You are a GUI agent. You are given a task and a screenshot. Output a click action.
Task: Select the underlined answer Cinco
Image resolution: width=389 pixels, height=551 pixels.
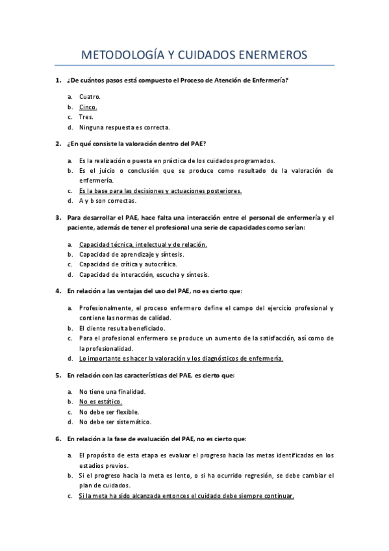coord(88,107)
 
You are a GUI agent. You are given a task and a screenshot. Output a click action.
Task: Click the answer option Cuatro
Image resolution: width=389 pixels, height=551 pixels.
coord(90,96)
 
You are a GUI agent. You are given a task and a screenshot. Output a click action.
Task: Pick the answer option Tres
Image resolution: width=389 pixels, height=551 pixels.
coord(86,117)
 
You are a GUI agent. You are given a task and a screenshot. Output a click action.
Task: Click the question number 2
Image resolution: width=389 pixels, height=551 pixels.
coord(58,143)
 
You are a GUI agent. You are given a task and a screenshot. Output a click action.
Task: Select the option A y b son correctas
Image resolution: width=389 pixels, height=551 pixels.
coord(108,201)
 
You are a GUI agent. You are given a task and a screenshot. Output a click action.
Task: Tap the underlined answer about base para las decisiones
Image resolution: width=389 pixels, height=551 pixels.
coord(160,191)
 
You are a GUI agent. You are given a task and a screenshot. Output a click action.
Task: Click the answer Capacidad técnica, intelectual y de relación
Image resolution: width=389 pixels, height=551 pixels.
coord(143,244)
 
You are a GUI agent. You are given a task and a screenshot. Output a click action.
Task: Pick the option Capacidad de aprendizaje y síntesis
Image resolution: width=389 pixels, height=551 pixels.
coord(131,254)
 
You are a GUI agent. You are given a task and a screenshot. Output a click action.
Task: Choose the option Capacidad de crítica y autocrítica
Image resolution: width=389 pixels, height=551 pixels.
coord(127,264)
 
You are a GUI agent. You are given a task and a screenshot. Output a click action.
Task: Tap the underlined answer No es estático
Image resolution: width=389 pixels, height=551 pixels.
coord(101,402)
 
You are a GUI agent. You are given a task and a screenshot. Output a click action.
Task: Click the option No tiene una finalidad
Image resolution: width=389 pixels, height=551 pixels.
coord(112,392)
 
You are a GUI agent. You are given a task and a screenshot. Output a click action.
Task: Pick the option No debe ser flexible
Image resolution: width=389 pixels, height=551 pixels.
coord(109,412)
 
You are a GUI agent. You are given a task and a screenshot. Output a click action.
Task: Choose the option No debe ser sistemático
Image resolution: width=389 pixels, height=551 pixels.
coord(115,422)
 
